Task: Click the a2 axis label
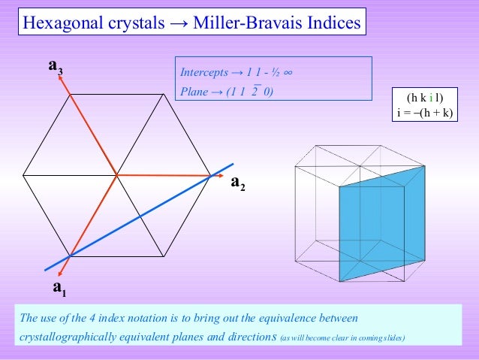pyautogui.click(x=238, y=183)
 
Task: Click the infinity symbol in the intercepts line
pyautogui.click(x=289, y=73)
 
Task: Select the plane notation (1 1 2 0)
pyautogui.click(x=249, y=92)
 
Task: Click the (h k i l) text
pyautogui.click(x=425, y=98)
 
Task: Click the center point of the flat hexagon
pyautogui.click(x=116, y=175)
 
